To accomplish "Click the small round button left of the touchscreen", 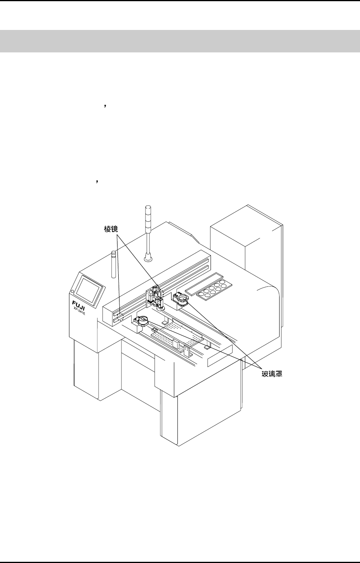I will [73, 292].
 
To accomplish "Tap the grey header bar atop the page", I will [180, 41].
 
